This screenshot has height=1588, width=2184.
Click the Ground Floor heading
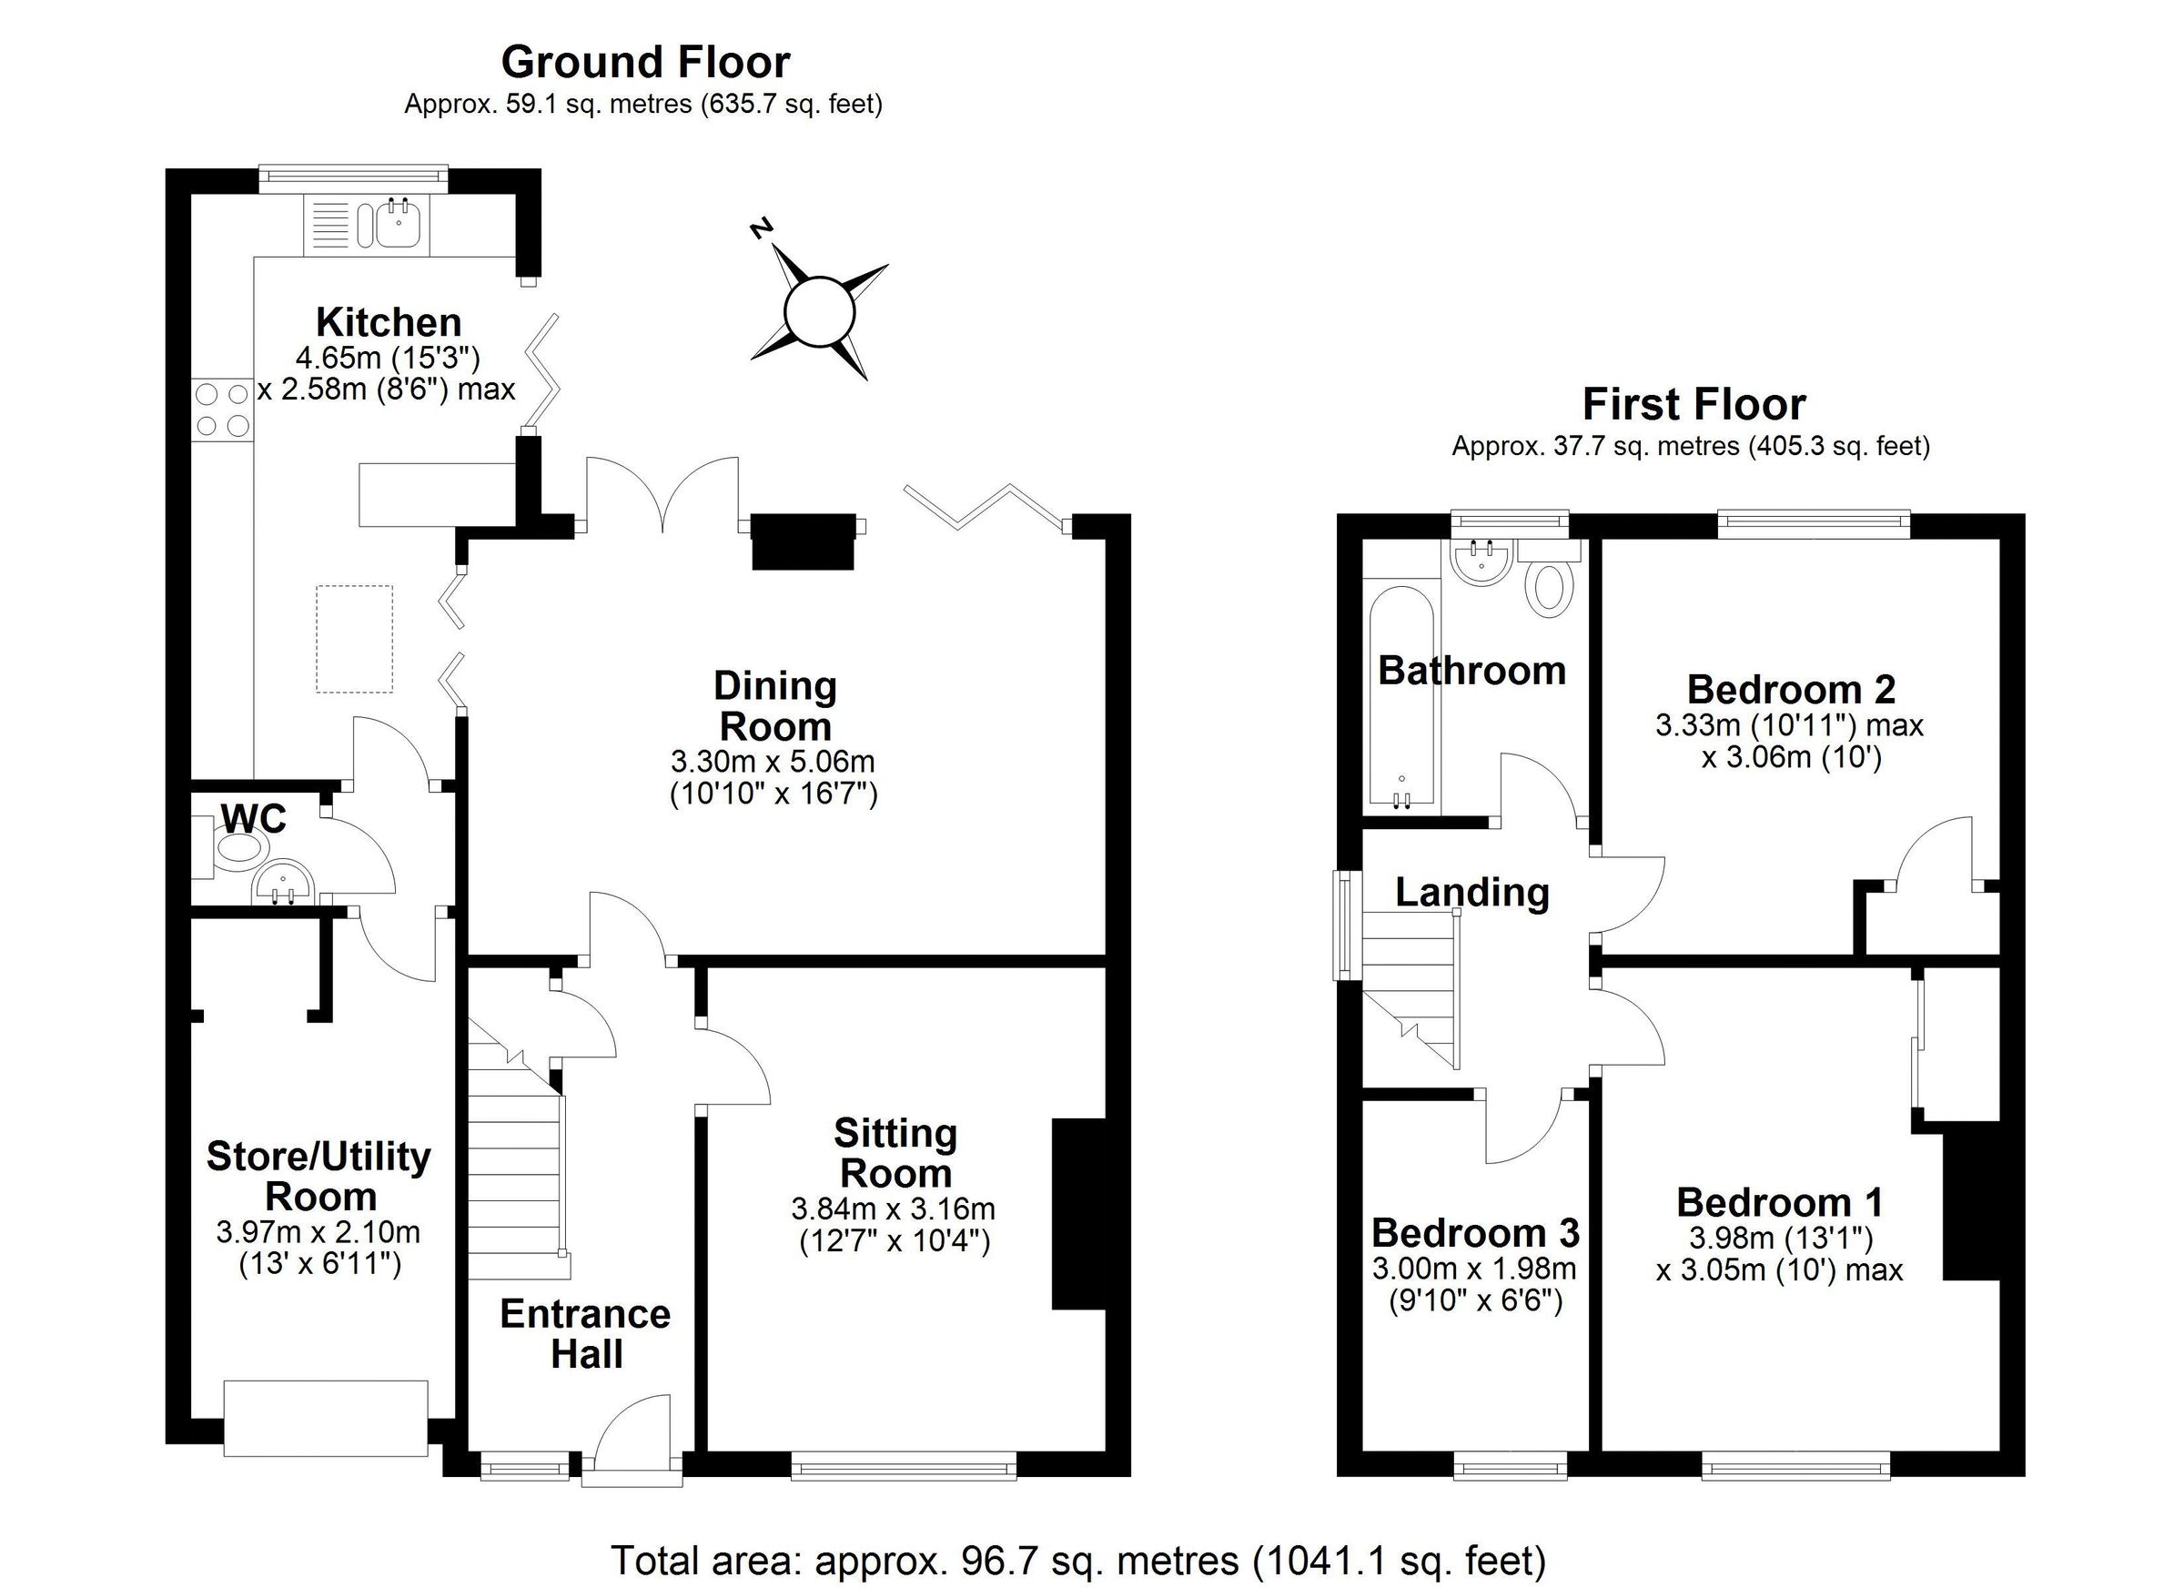645,63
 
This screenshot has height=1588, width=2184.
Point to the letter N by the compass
762,228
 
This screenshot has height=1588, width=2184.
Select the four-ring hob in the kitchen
222,410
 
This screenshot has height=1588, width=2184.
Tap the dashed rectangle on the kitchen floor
354,639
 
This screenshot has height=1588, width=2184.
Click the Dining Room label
775,706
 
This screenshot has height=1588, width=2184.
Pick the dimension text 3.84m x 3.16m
893,1209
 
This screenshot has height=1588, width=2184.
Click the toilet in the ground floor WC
238,848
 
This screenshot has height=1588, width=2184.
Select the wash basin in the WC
283,882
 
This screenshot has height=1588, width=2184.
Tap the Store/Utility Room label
318,1176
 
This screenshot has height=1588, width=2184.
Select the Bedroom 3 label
1475,1233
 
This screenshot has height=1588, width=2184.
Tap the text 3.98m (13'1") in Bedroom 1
1781,1238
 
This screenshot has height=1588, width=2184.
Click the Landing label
1471,892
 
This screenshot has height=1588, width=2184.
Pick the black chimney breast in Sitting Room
1078,1213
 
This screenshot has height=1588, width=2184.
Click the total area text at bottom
1078,1560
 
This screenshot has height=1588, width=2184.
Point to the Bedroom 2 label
1791,690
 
